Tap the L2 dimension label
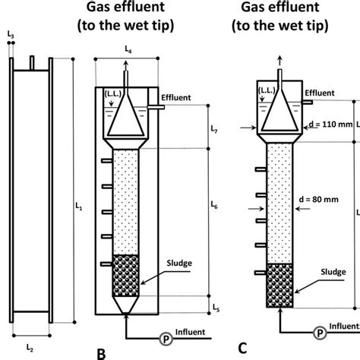point(30,348)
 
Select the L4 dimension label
point(127,49)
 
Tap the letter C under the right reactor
point(242,349)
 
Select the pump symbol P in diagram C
point(321,333)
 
